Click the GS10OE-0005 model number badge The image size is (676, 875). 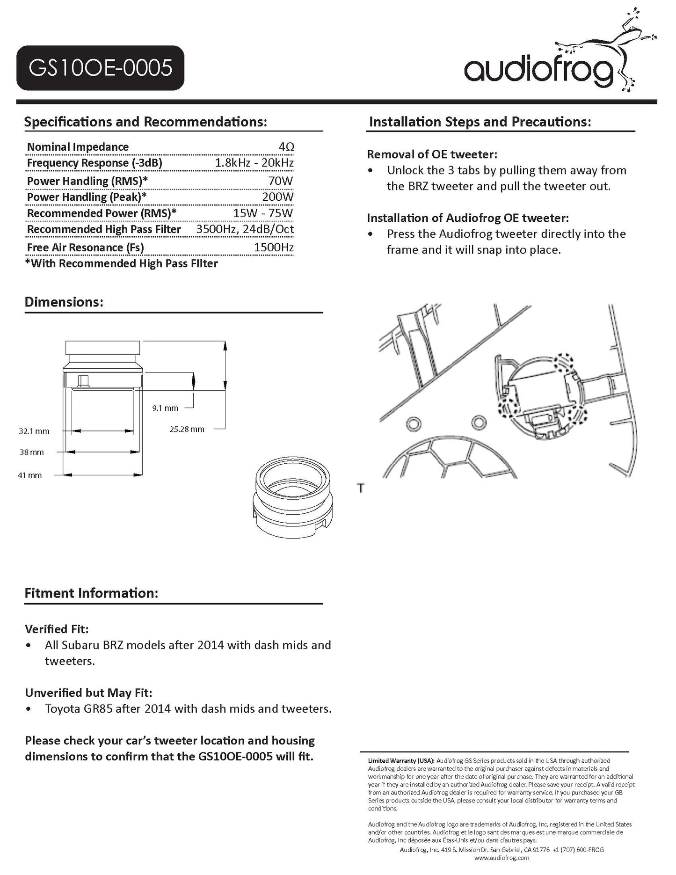tap(100, 68)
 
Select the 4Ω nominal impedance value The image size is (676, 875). tap(286, 147)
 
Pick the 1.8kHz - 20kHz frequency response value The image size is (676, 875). tap(254, 163)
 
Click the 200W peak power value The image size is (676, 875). tap(278, 197)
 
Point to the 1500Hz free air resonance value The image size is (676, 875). tap(274, 248)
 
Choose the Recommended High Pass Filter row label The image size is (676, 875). tap(104, 229)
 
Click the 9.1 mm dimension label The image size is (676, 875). tap(165, 408)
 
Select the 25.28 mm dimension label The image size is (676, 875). tap(187, 429)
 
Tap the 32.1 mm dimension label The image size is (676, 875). tap(34, 431)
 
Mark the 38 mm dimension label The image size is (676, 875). tap(31, 452)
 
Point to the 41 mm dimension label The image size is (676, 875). tap(30, 475)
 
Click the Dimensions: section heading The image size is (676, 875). tap(64, 302)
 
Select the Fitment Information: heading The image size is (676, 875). tap(91, 593)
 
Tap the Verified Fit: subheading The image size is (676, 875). tap(57, 629)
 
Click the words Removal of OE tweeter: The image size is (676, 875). tap(432, 154)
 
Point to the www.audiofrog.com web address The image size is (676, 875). tap(502, 858)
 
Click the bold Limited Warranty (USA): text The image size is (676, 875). tap(401, 761)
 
